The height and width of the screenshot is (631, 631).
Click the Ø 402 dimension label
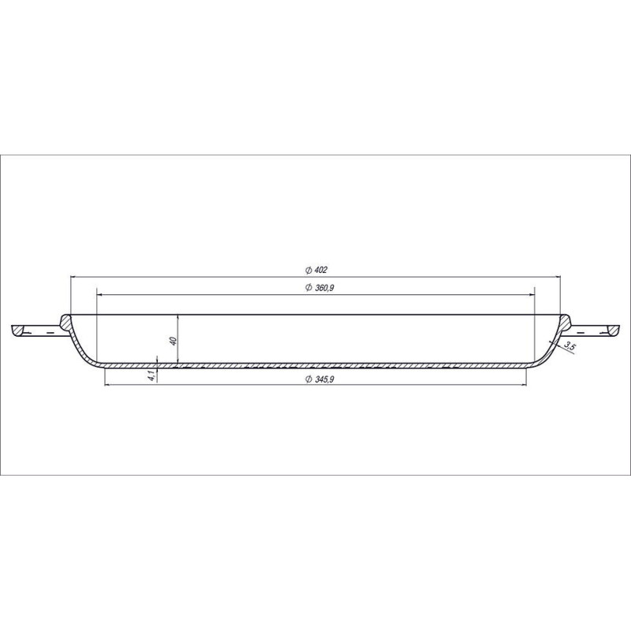click(x=316, y=270)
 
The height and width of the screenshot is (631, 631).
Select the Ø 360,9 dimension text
click(x=320, y=288)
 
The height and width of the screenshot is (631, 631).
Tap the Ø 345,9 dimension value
click(x=320, y=379)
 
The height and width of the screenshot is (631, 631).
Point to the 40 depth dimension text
click(x=174, y=341)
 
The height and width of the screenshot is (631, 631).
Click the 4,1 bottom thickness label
click(x=151, y=376)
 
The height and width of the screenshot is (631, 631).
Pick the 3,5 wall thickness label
click(x=568, y=345)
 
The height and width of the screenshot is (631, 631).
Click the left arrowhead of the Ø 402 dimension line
click(x=73, y=277)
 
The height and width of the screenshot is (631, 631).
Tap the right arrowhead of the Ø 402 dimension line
click(x=558, y=277)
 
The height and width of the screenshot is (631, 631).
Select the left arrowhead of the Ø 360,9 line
click(x=100, y=294)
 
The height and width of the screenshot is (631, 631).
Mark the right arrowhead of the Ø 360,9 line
click(x=532, y=294)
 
